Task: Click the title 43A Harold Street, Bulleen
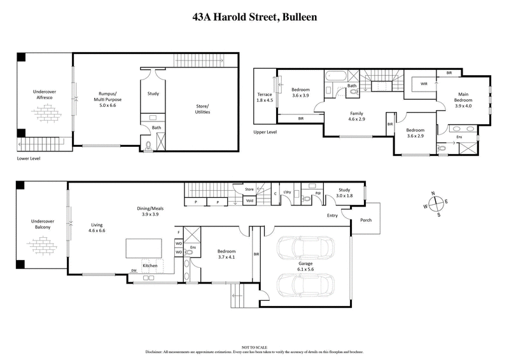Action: tap(254, 18)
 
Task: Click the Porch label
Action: tap(366, 221)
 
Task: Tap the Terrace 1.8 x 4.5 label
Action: tap(265, 97)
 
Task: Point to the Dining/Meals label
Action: tap(151, 211)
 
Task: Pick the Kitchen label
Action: tap(150, 265)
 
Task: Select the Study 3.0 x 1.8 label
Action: tap(344, 193)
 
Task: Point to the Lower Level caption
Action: tap(29, 158)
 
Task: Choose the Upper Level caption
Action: tap(265, 132)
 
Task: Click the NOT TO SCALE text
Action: tap(254, 346)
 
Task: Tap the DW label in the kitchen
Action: tap(134, 271)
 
